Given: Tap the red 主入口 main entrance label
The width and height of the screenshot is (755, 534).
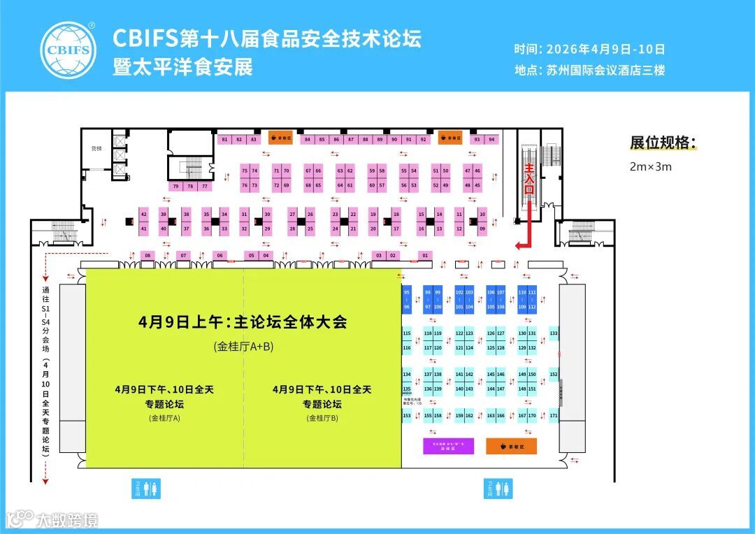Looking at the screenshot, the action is (x=529, y=179).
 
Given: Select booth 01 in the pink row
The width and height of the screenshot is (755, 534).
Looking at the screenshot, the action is (x=425, y=256).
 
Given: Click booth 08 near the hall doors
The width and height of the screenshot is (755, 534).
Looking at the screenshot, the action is (x=148, y=256).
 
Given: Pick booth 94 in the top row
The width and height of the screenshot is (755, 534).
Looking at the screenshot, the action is (x=491, y=139).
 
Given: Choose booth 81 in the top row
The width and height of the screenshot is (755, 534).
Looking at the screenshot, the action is (x=224, y=139).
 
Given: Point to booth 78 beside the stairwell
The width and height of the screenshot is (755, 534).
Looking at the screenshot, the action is (x=189, y=186).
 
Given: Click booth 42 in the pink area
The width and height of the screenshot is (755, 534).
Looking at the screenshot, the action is (x=143, y=214).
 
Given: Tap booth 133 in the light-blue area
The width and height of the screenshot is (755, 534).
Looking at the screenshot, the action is (x=554, y=333).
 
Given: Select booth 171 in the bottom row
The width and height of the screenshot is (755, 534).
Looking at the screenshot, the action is (x=554, y=416).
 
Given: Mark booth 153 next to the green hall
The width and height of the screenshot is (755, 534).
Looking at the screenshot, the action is (x=406, y=416).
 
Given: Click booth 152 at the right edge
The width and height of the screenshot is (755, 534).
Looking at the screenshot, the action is (x=554, y=375).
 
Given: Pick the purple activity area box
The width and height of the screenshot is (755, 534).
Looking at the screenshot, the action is (x=449, y=446).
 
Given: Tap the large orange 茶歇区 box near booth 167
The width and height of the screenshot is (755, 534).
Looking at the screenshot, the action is (x=511, y=446).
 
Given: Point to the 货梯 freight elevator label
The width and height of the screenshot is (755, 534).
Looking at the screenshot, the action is (x=96, y=149).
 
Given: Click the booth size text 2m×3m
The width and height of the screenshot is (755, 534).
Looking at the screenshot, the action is (x=651, y=167).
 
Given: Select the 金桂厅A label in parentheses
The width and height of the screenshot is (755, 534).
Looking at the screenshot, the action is (x=164, y=418).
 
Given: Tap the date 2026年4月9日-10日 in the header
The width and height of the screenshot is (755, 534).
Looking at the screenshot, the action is (x=605, y=50).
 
